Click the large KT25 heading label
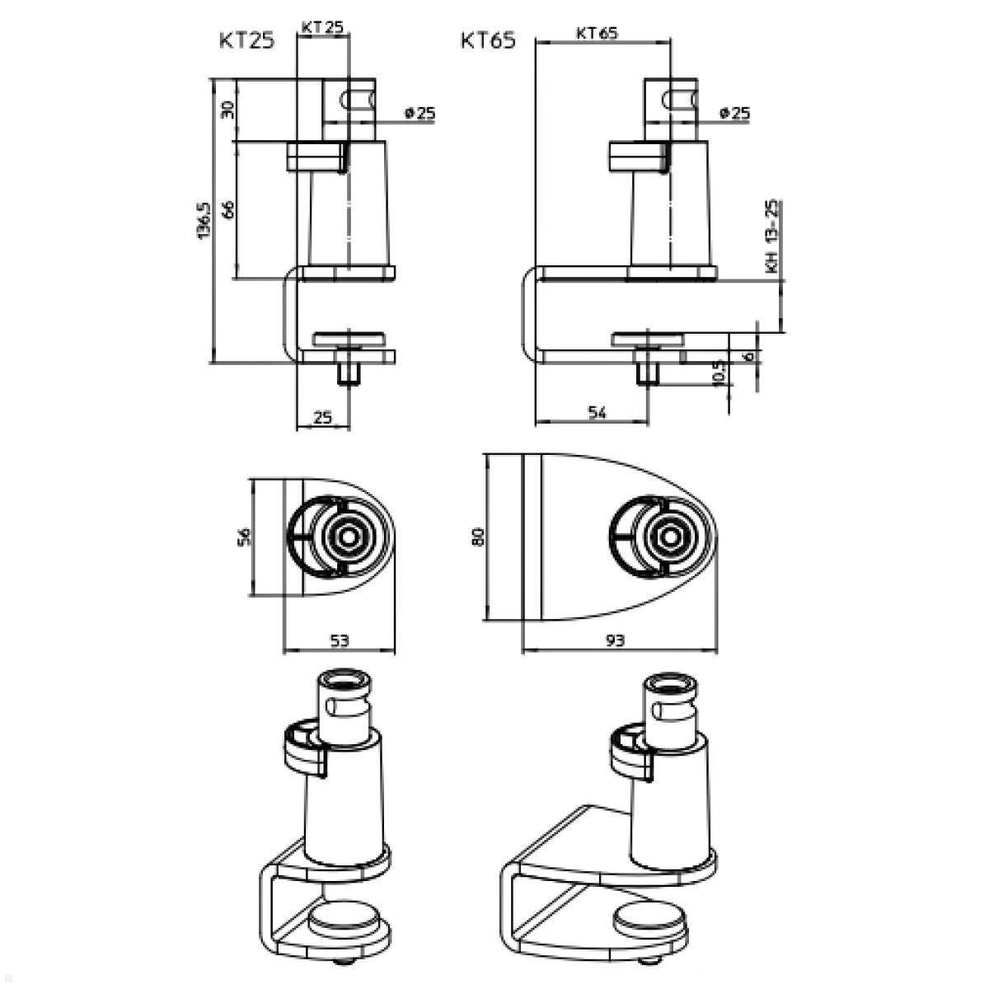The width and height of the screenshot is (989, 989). (x=246, y=41)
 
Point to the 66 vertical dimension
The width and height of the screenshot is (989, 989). (x=229, y=209)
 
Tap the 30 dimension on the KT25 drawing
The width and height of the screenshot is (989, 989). (x=229, y=108)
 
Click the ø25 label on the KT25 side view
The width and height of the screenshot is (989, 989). (x=420, y=114)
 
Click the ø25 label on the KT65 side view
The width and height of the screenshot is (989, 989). (x=734, y=114)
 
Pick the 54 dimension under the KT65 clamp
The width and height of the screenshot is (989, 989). (x=598, y=414)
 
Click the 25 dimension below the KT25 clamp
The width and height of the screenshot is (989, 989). (x=323, y=418)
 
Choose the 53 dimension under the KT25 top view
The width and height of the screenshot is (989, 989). (x=340, y=640)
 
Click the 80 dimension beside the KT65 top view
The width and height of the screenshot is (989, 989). (x=477, y=536)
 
